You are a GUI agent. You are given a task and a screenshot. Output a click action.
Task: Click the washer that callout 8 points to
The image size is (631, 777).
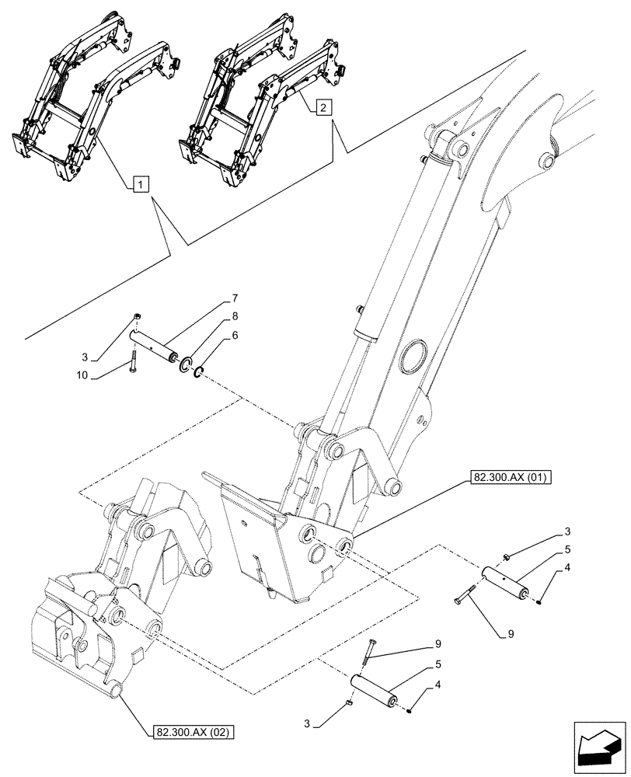click(x=187, y=364)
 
